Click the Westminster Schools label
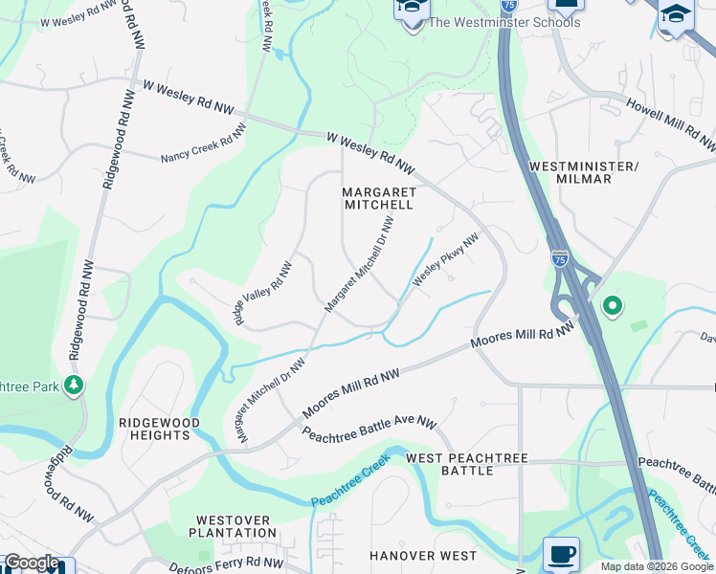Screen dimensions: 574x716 point(503,22)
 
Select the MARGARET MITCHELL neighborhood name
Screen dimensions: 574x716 point(378,198)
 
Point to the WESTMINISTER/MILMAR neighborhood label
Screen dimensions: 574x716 point(583,172)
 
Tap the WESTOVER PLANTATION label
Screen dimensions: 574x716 point(232,526)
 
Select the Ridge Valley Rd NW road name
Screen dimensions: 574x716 point(258,293)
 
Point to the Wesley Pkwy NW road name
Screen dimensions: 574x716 point(444,261)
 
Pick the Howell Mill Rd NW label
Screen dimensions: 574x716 point(670,122)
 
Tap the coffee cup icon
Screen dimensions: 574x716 point(561,553)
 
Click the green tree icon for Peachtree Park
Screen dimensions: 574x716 point(74,385)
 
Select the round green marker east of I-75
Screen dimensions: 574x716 point(613,306)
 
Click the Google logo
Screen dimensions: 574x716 point(32,563)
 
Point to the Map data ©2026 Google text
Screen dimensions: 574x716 point(656,566)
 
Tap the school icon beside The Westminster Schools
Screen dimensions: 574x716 point(413,11)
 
